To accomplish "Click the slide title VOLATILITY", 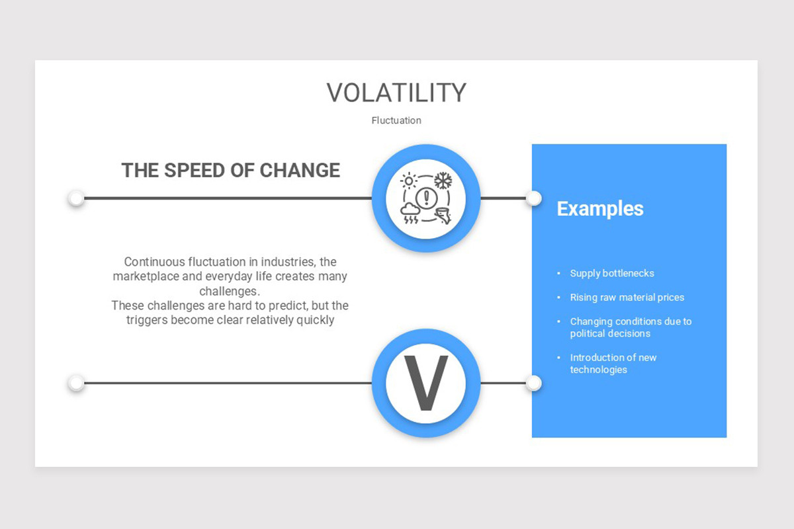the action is point(396,93).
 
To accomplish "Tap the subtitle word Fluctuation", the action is point(396,120).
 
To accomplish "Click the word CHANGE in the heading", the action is point(300,170).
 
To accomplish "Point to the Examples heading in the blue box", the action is point(600,209).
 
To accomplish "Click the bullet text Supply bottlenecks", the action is point(612,273).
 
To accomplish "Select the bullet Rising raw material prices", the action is point(627,298).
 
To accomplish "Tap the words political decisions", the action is point(610,333).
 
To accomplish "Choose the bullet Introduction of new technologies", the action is point(613,364).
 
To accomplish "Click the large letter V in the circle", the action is point(426,383).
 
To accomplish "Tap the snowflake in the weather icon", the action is point(443,181).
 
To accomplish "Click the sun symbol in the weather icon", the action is point(409,181).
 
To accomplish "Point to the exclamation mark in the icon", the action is point(426,197).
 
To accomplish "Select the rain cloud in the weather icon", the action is point(410,213).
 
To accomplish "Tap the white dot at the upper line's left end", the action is point(76,198).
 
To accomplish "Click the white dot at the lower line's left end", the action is point(76,383).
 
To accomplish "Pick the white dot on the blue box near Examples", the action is point(533,198).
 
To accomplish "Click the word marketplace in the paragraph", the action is point(146,276).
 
